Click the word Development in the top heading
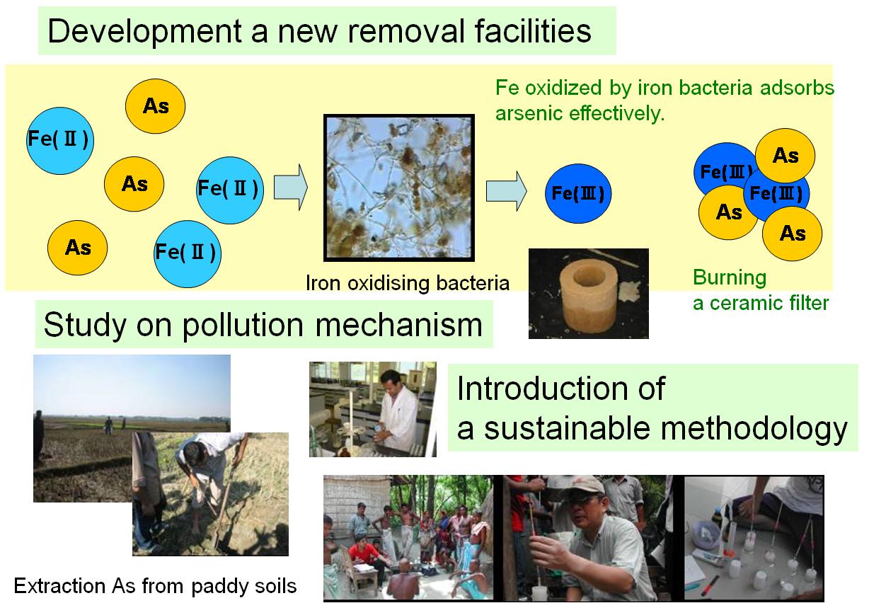tap(144, 32)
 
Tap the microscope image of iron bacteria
tap(399, 188)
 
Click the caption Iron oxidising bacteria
tap(408, 283)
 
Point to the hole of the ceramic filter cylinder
tap(589, 276)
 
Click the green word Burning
tap(730, 278)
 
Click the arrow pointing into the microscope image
tap(291, 188)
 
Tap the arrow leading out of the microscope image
tap(506, 191)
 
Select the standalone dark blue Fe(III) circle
tap(578, 193)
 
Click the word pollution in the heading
tap(243, 325)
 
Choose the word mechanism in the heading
tap(399, 324)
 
